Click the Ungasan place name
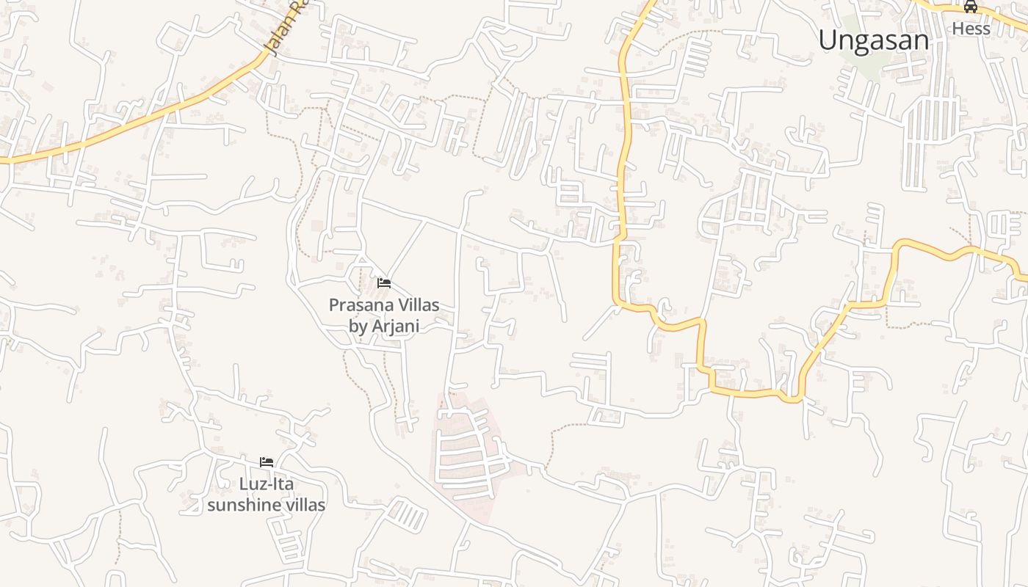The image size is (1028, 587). tap(874, 40)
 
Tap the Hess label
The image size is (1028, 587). tap(971, 29)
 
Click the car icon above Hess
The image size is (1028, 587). tap(971, 7)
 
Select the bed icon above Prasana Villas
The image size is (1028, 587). tap(384, 283)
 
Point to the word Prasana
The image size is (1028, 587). tap(363, 305)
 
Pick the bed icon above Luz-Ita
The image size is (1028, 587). tap(267, 462)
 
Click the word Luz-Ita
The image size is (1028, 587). tap(267, 484)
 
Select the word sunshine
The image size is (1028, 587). tap(244, 505)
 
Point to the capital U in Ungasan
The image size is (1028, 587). tap(828, 40)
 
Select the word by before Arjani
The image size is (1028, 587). tap(358, 327)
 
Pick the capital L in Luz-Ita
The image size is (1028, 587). tap(244, 484)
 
